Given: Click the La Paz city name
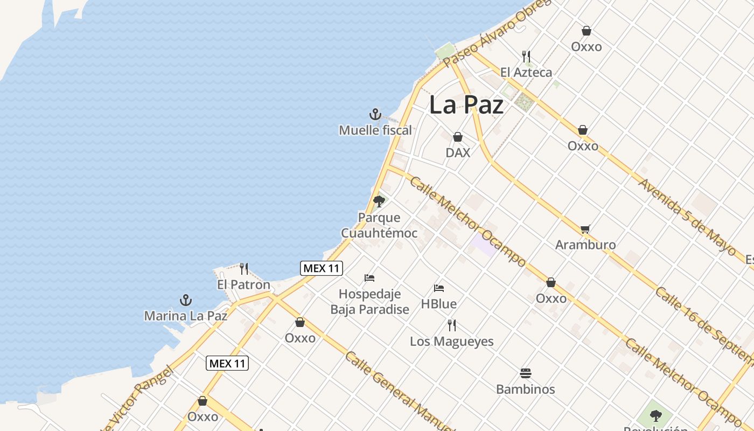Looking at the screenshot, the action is (x=466, y=105).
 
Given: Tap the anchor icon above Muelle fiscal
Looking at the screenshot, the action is (x=375, y=114).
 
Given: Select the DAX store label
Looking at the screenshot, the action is (x=458, y=152).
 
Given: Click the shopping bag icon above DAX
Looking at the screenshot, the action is (x=458, y=137).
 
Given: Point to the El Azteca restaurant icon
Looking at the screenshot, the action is (x=526, y=56).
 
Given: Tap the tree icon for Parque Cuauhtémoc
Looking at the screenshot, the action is (x=379, y=201).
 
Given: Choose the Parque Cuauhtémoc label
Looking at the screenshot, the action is (x=379, y=225).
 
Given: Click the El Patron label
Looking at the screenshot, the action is (x=243, y=284).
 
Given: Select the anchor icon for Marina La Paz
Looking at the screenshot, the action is (x=186, y=300).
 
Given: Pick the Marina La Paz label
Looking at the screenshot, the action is (x=186, y=316).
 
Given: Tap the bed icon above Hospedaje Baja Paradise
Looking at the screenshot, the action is (x=369, y=278).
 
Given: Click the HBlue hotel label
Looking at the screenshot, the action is (x=439, y=304).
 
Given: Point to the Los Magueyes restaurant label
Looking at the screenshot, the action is (x=452, y=341).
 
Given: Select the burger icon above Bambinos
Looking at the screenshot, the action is (x=526, y=373).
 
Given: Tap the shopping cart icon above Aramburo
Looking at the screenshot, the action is (x=585, y=229).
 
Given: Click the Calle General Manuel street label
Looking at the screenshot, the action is (x=399, y=391).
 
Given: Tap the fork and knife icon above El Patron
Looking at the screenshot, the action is (x=244, y=268).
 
